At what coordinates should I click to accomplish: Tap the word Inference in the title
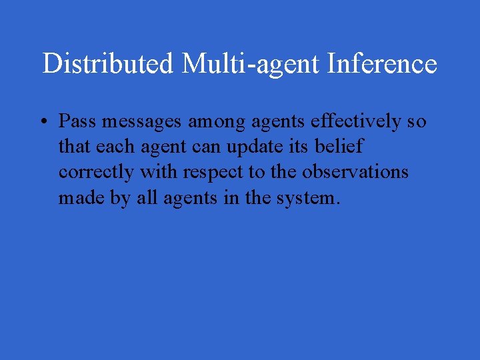(x=383, y=64)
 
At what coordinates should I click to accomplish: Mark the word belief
(x=341, y=147)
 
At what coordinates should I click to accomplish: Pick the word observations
(x=355, y=173)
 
